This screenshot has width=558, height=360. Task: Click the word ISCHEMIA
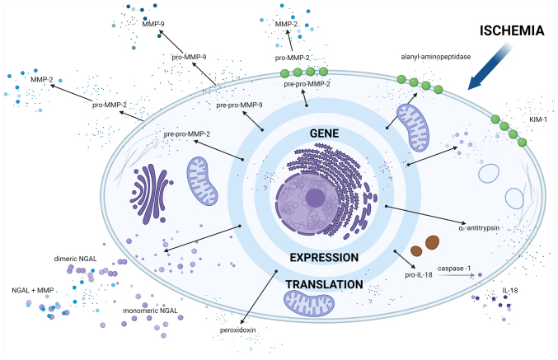pos(512,30)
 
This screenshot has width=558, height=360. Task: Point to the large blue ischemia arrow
pos(490,67)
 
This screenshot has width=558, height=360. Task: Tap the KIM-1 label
pos(538,119)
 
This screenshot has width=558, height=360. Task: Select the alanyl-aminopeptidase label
pos(435,57)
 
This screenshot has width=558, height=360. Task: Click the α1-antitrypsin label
pos(479,227)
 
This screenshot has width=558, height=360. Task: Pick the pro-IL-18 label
pos(419,275)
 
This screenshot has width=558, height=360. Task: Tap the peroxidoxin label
pos(237,330)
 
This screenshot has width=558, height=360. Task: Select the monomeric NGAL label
pos(150,311)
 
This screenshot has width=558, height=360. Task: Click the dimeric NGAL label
pos(75,259)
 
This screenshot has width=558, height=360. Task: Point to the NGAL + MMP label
pos(33,290)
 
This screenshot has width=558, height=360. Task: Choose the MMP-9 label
pos(153,24)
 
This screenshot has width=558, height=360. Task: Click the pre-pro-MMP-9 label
pos(240,105)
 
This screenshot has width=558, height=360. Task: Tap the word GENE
pos(324,133)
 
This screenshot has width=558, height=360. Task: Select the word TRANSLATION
pos(324,284)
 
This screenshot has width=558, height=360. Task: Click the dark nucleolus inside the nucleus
pos(315,198)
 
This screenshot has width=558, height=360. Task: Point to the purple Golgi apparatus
pos(151,194)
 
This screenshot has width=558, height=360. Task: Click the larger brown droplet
pos(433,242)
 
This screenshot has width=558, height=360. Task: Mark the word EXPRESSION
pos(324,258)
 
